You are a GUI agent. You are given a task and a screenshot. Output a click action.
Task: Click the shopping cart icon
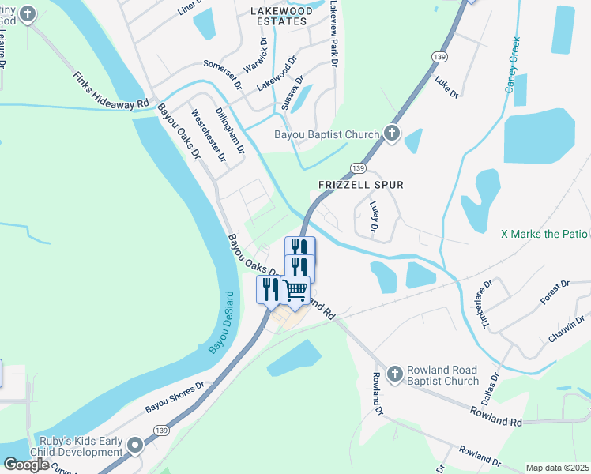pos(295,291)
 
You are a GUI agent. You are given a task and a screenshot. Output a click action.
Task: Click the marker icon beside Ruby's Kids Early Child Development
pos(136,446)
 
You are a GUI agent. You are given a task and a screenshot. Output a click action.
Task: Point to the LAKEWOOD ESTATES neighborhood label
pos(277,16)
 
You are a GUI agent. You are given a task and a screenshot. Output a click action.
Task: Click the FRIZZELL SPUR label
pos(360,185)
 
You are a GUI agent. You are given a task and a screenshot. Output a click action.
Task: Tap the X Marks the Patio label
pos(545,234)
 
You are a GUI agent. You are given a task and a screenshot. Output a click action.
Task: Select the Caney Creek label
pos(514,64)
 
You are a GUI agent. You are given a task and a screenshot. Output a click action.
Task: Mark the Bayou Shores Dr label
pos(175,397)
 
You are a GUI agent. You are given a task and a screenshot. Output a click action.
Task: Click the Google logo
pos(27,465)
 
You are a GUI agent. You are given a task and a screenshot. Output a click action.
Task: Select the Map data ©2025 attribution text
pos(557,468)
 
